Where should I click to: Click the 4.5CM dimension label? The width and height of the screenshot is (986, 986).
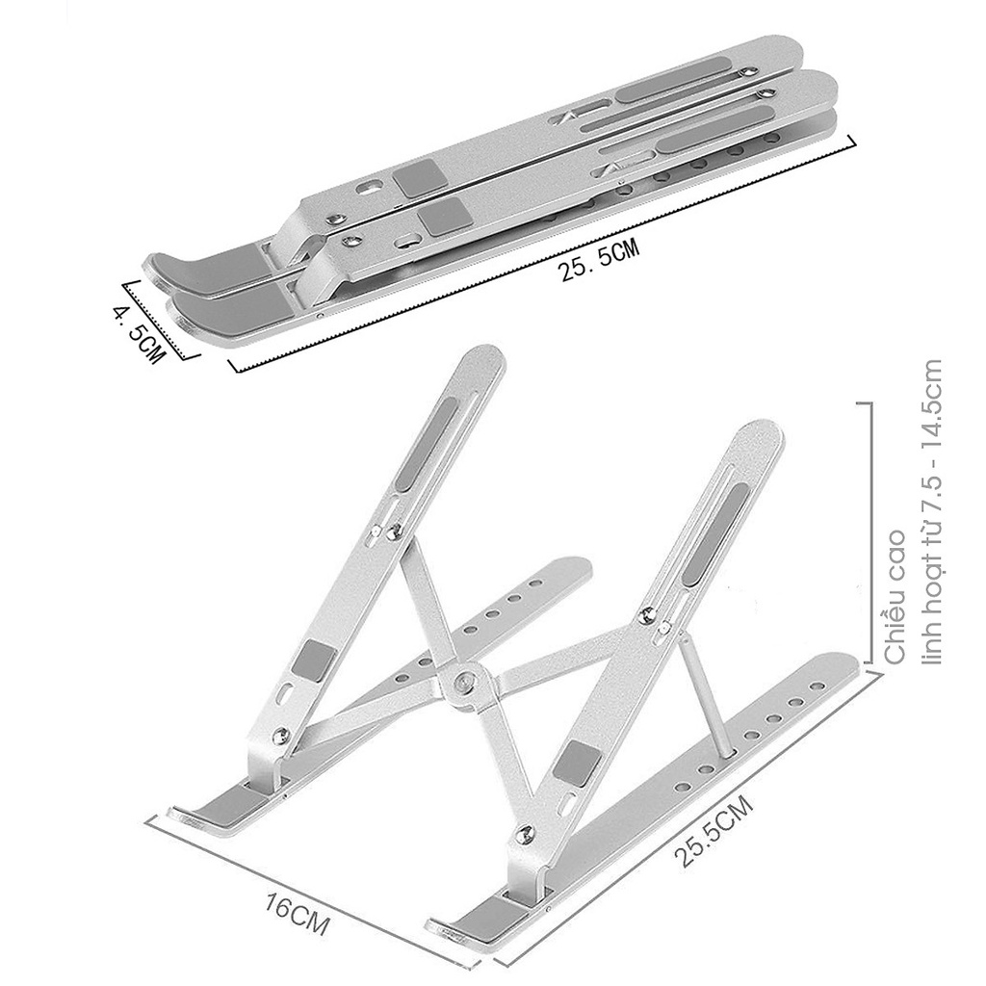139,332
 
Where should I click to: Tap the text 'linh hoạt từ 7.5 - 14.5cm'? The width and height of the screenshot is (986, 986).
930,511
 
